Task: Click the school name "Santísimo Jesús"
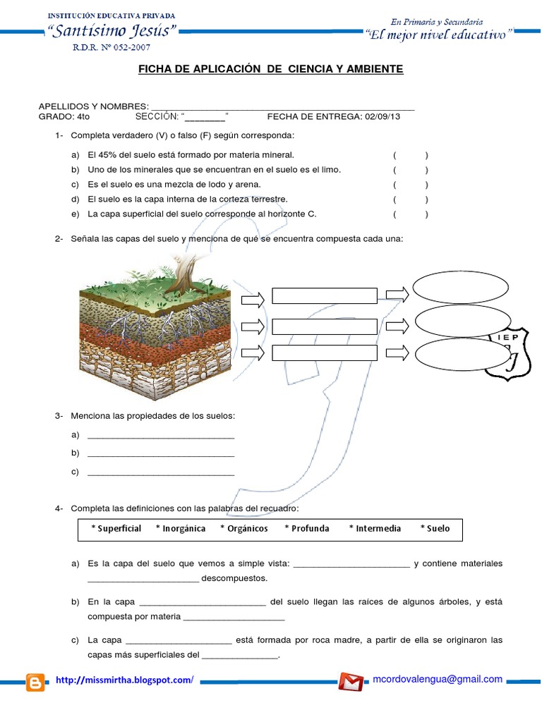click(111, 31)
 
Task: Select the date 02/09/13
click(381, 116)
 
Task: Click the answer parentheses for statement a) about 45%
click(411, 154)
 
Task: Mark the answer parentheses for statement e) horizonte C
click(411, 214)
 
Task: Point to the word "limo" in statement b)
click(331, 170)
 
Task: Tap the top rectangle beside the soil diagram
click(324, 295)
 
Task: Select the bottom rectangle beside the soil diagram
click(324, 353)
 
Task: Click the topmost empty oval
click(461, 287)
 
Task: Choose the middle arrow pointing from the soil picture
click(252, 326)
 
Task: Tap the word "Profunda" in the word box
click(307, 528)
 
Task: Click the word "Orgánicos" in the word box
click(244, 528)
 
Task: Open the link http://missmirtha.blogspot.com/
click(124, 680)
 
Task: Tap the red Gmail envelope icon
click(351, 682)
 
